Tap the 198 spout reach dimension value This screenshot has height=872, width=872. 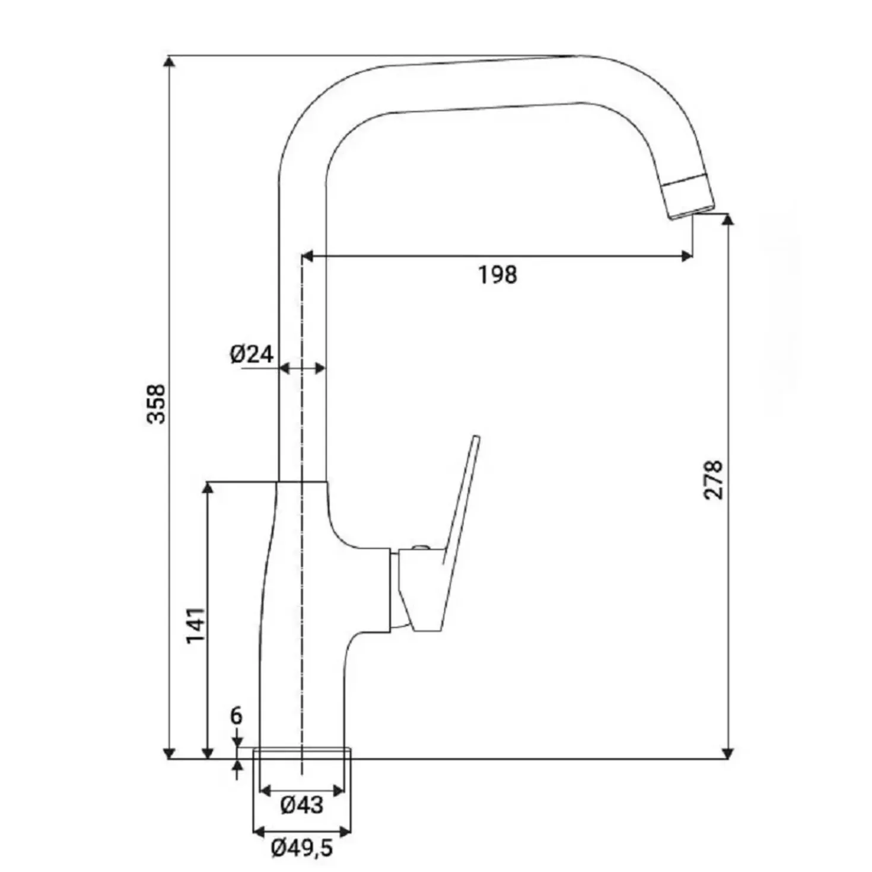click(x=498, y=274)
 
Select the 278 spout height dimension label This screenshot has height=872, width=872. click(x=714, y=480)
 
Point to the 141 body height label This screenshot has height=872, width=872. click(x=196, y=625)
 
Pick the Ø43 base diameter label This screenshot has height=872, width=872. click(x=302, y=805)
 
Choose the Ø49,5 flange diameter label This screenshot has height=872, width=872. click(x=302, y=848)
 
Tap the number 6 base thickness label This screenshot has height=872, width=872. click(x=237, y=729)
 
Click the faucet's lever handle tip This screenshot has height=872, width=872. click(x=476, y=437)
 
